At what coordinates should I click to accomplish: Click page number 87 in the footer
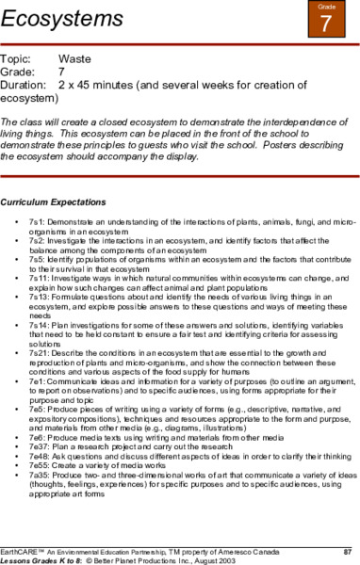click(x=347, y=549)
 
